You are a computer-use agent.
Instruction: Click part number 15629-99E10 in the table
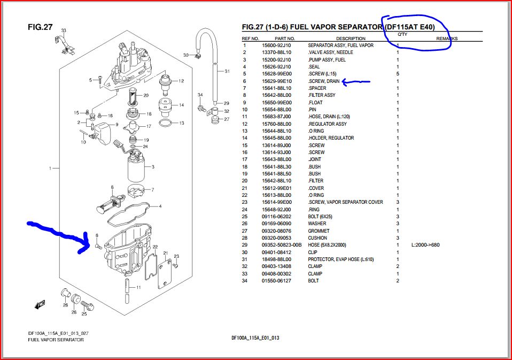point(276,81)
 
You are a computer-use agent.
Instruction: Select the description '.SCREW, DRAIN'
point(324,81)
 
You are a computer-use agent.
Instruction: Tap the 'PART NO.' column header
point(284,39)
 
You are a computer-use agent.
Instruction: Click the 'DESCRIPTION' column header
point(351,39)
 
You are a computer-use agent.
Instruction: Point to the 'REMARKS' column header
point(447,39)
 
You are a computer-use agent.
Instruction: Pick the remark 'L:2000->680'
point(425,245)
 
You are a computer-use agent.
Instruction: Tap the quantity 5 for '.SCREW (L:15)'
point(398,74)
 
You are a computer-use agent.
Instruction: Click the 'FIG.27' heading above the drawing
point(40,27)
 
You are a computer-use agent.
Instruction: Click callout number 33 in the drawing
point(64,30)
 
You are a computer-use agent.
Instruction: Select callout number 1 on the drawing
point(50,168)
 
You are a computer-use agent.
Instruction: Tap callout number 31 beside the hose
point(227,71)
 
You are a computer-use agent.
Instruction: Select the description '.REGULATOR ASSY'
point(328,124)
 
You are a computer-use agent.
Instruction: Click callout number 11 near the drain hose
point(138,287)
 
